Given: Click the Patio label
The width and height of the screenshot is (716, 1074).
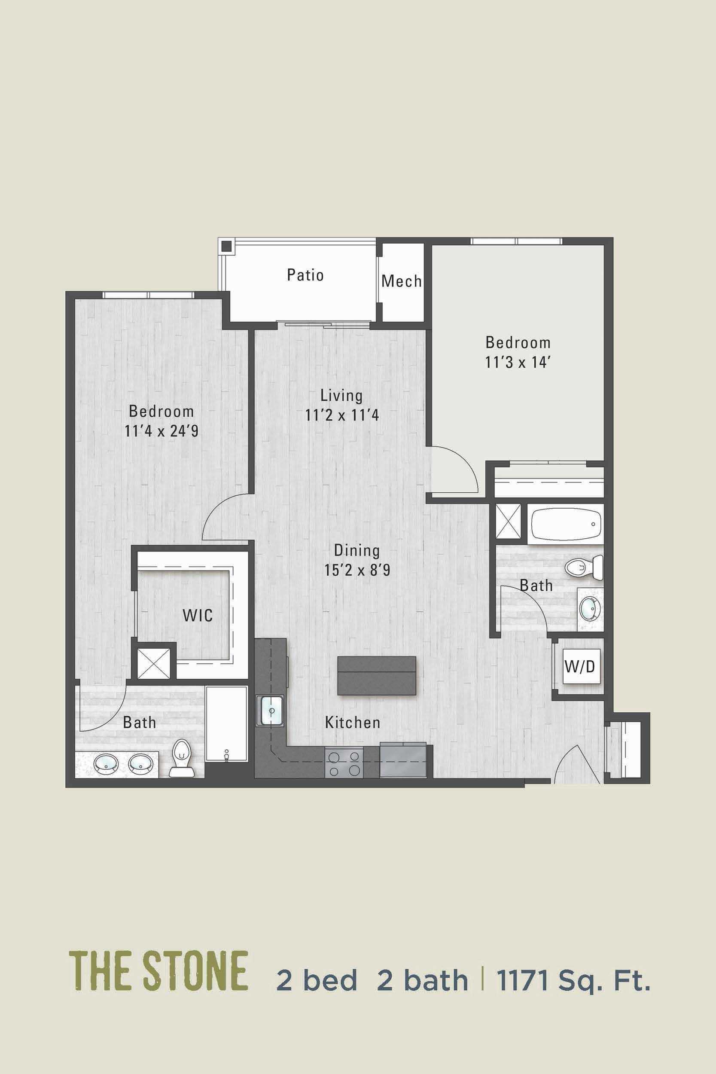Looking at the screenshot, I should click(x=305, y=275).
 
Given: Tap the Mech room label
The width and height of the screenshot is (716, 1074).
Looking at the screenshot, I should click(x=401, y=281).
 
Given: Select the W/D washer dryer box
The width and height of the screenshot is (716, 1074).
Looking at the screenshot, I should click(x=580, y=667).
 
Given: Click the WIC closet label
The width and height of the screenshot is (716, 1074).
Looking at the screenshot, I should click(x=198, y=615).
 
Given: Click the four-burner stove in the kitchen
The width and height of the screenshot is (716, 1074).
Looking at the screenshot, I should click(x=343, y=764).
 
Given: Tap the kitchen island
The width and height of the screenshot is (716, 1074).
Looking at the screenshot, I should click(x=377, y=676).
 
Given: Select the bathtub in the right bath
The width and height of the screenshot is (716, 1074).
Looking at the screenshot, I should click(x=565, y=525).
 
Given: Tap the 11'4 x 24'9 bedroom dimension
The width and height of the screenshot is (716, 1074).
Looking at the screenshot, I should click(x=161, y=431).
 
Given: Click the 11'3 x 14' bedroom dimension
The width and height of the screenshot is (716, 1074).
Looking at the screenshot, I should click(x=518, y=363).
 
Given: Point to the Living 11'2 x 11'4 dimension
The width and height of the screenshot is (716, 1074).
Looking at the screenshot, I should click(x=342, y=415).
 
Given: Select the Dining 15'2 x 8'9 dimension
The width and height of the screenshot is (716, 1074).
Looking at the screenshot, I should click(x=356, y=571).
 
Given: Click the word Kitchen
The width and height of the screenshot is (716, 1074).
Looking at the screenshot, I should click(x=353, y=723).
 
